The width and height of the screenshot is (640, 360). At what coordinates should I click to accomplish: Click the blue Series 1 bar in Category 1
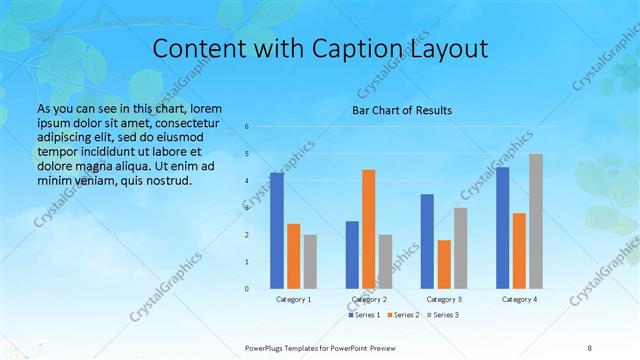pos(277,231)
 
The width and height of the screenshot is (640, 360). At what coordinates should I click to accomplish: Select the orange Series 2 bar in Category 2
pos(369,229)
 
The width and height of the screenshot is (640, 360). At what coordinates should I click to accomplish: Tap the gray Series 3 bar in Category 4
pos(536,221)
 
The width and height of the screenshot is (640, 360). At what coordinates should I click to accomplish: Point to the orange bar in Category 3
pos(444,264)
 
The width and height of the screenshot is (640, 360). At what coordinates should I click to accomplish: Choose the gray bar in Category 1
pos(310,262)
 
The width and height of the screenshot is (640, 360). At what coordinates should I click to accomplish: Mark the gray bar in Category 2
pos(386,262)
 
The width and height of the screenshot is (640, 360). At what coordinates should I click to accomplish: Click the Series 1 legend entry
pos(364,315)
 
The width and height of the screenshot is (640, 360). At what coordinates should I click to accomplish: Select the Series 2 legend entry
pos(402,315)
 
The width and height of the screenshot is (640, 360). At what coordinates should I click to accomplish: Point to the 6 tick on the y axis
pos(247,127)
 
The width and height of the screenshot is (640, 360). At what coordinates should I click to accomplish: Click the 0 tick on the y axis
pos(247,289)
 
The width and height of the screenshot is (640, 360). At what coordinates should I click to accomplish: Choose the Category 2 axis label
pos(369,299)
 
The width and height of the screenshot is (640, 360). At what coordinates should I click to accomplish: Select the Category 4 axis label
pos(519,299)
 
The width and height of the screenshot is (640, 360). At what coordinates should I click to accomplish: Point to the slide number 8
pos(590,347)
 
